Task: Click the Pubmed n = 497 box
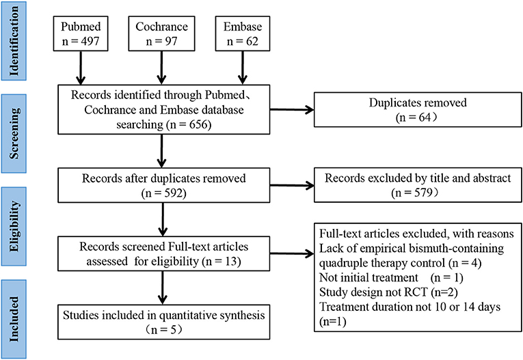click(x=81, y=33)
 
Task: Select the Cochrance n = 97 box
click(x=161, y=33)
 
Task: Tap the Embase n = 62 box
click(x=243, y=33)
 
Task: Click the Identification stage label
click(x=14, y=41)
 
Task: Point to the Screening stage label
click(x=14, y=133)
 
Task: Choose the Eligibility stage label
click(x=14, y=226)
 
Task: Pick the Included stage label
click(x=14, y=319)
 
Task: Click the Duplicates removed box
click(x=418, y=110)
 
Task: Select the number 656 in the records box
click(x=198, y=124)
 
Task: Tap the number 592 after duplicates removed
click(x=173, y=193)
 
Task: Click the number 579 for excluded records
click(x=423, y=193)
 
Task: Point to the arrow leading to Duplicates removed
click(x=292, y=109)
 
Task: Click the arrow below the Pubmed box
click(x=81, y=68)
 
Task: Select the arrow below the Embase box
click(x=243, y=68)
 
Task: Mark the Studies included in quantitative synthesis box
click(x=164, y=322)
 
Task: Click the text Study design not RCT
click(x=373, y=292)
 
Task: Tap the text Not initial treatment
click(x=368, y=277)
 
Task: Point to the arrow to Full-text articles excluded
click(x=292, y=254)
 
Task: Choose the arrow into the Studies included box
click(x=163, y=288)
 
